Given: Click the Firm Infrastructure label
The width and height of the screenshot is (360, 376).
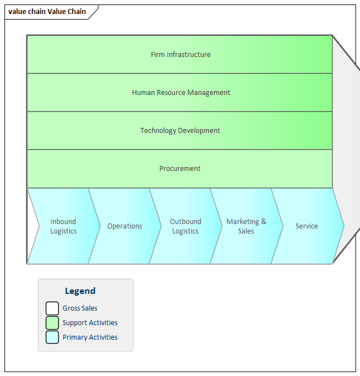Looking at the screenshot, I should [181, 55].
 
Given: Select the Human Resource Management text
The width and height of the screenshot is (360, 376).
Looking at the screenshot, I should [181, 93].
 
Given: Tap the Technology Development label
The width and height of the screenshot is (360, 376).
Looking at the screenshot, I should [180, 131].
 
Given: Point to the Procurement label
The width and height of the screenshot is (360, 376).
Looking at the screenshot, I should [180, 169].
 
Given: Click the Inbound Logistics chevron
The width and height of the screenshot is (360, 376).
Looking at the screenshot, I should [63, 226].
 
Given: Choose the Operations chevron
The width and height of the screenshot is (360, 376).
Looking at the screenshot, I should [125, 226].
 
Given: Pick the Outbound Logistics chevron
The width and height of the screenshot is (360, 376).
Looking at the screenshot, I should [186, 226].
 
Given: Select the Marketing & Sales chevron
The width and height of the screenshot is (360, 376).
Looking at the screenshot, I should [246, 226].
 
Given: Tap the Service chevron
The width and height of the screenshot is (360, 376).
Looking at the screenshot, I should [307, 226].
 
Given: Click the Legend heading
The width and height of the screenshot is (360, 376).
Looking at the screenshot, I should [80, 291].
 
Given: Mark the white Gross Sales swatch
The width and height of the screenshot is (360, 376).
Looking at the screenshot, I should [52, 308].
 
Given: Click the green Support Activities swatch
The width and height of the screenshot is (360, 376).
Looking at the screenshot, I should [52, 323].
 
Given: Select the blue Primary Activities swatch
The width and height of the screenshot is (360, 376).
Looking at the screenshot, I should [52, 337].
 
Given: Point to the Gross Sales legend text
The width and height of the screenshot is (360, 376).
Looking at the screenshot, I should [80, 308].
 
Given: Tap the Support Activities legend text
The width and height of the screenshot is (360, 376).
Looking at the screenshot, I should [90, 323].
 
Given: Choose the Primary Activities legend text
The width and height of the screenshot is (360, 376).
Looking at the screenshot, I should [90, 337].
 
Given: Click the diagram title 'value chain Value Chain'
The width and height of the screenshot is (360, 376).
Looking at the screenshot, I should [48, 12].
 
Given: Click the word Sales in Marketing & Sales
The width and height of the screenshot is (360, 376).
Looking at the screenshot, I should [246, 231].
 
